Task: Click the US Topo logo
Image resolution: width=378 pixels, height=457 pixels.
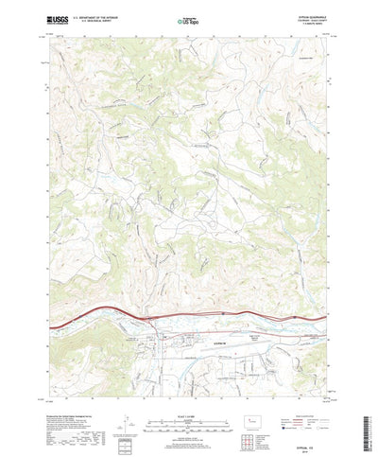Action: click(x=189, y=20)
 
